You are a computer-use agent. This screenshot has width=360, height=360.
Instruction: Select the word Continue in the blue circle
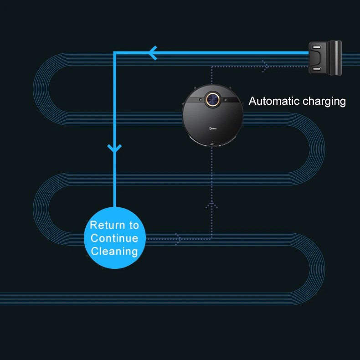point(114,238)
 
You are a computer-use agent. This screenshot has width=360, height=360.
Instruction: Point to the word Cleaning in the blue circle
point(114,251)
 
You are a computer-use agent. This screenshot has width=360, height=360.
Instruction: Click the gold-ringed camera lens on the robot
point(212,98)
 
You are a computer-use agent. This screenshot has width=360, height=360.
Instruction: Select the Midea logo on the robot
point(212,129)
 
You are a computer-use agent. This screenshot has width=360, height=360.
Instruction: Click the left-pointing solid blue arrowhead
point(153,53)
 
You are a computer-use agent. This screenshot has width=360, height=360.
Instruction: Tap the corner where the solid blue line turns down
point(114,53)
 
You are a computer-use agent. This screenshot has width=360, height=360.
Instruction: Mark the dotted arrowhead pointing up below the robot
point(212,204)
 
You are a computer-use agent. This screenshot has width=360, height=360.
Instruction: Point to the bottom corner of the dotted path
point(212,238)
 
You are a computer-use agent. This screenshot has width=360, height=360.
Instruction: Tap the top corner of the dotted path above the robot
point(212,67)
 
